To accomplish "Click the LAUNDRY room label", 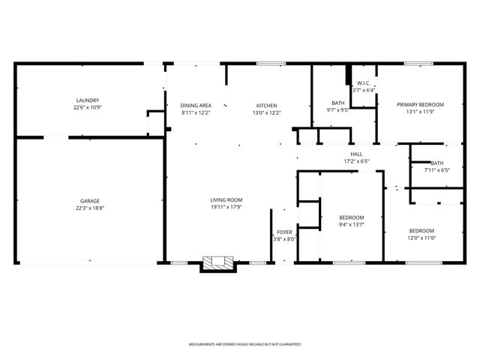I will point(87,100).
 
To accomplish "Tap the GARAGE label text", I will point(90,201).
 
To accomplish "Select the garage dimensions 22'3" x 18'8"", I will point(90,208).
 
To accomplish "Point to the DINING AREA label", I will point(196,105).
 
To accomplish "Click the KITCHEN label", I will point(266,105).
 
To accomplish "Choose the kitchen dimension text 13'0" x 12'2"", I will point(266,112).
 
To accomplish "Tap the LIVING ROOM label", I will point(226,199).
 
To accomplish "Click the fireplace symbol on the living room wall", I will point(218,263).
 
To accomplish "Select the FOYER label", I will point(284,232).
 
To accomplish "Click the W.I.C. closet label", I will point(363,83).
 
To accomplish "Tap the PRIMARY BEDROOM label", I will point(420,104).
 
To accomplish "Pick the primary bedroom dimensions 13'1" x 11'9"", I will point(420,112).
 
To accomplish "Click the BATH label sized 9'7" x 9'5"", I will point(337,103).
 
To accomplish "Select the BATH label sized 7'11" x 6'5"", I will point(437,163).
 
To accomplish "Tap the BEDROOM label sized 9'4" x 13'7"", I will point(352,217).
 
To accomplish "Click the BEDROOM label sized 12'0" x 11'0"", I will point(421,230).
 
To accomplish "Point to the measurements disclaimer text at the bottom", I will point(244,344).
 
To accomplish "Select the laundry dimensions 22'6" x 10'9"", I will point(87,108).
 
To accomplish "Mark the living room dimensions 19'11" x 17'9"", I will point(226,207).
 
